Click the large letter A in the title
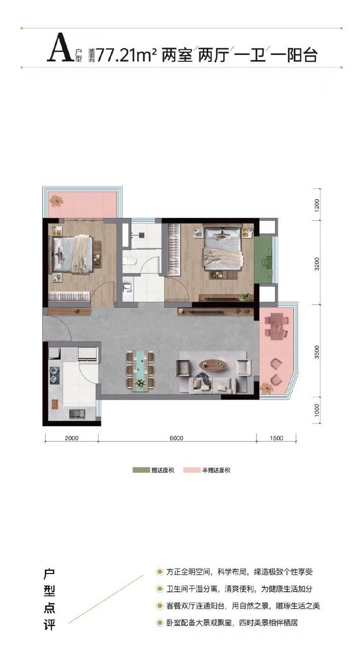tap(60, 47)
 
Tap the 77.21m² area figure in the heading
tap(127, 55)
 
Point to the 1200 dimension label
tap(317, 204)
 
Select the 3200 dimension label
tap(317, 264)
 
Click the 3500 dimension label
tap(317, 351)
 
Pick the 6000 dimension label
tap(176, 438)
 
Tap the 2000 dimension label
tap(72, 438)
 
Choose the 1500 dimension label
tap(276, 438)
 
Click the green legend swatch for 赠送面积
tap(141, 470)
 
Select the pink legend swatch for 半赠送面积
tap(192, 470)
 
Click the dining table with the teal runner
tap(140, 370)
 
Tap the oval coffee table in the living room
tap(213, 365)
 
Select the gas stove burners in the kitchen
tap(54, 374)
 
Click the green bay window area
tap(263, 260)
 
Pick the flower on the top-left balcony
tap(56, 200)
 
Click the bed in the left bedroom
tap(72, 255)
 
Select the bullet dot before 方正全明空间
tap(159, 572)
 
